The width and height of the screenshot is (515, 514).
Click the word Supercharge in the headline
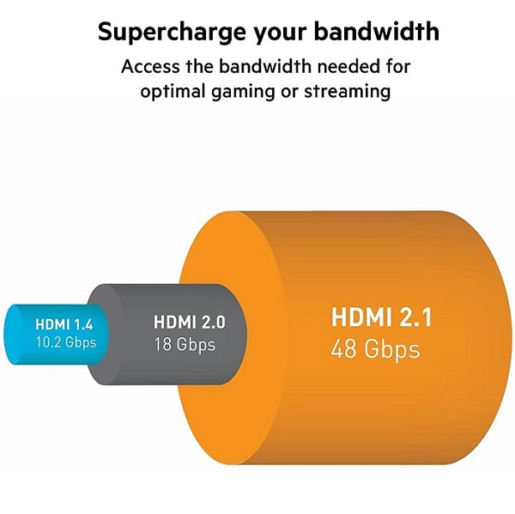pos(172,33)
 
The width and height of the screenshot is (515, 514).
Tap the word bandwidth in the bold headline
pos(377,31)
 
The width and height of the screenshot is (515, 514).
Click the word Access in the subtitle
pos(150,66)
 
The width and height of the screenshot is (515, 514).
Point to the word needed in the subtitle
pos(348,66)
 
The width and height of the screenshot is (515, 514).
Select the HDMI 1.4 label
pos(64,324)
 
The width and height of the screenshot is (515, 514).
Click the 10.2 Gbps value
pos(66,343)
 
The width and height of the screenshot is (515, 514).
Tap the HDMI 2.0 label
pos(190,322)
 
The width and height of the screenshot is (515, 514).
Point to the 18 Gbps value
pos(185,345)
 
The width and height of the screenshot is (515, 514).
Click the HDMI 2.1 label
pos(381,317)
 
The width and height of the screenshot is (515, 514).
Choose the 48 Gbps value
pos(375,350)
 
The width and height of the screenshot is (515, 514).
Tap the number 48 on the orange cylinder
pos(344,348)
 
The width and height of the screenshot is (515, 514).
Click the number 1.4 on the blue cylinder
pos(83,324)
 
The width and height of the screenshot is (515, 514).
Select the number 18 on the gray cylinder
pos(162,344)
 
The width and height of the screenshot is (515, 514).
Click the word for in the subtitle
pos(398,66)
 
